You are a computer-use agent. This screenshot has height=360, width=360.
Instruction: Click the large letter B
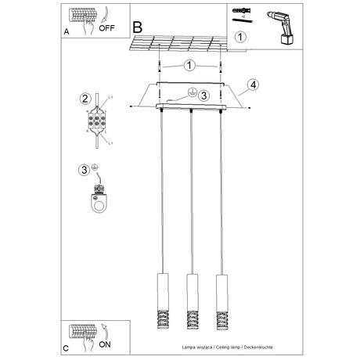[x=139, y=27]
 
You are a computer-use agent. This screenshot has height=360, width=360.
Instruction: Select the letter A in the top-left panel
[x=68, y=31]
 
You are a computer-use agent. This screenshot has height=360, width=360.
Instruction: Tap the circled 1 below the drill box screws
[x=240, y=36]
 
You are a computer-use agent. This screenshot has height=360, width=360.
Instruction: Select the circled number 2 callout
[x=85, y=98]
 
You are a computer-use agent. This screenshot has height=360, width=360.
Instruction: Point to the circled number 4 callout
[x=252, y=85]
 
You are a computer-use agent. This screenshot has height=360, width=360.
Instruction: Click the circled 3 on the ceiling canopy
[x=203, y=95]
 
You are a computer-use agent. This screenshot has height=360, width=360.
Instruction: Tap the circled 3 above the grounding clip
[x=85, y=169]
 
